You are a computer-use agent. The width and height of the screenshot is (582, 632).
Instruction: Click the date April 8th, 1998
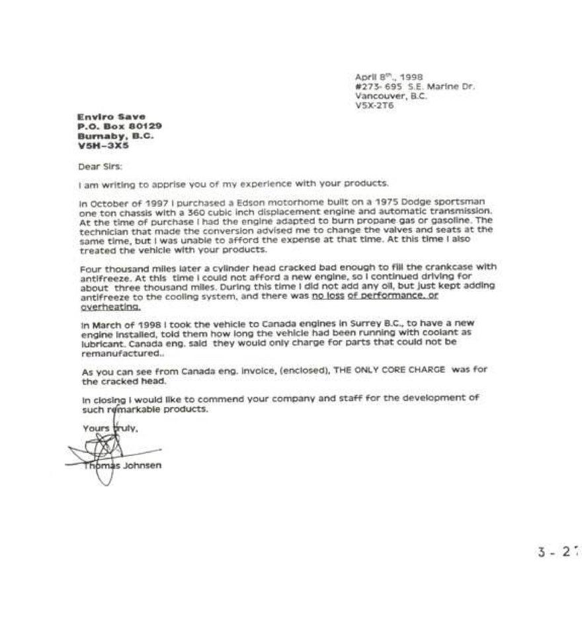389,77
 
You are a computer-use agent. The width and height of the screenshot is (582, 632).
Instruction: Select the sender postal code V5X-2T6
374,105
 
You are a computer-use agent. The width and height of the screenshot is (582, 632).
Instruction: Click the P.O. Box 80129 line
119,126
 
